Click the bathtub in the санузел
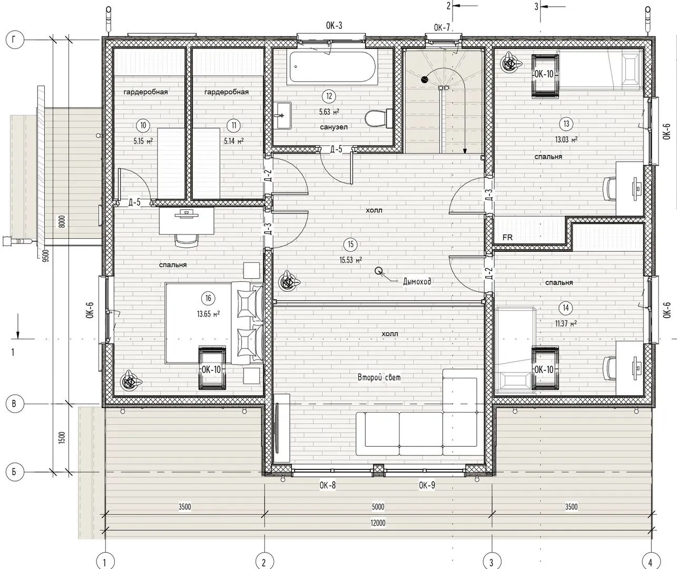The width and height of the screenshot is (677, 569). pyautogui.click(x=332, y=68)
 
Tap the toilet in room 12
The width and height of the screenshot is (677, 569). pyautogui.click(x=379, y=118)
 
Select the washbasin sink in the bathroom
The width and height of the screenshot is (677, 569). pyautogui.click(x=282, y=115)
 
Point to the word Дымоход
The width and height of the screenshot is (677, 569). pyautogui.click(x=417, y=281)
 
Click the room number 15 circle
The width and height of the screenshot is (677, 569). pyautogui.click(x=350, y=244)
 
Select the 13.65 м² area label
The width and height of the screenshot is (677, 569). pyautogui.click(x=209, y=314)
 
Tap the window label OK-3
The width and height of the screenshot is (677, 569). pyautogui.click(x=334, y=26)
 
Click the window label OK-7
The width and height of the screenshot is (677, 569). pyautogui.click(x=442, y=28)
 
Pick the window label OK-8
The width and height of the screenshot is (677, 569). pyautogui.click(x=328, y=485)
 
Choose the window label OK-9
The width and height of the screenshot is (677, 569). pyautogui.click(x=427, y=485)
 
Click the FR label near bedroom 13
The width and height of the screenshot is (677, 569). pyautogui.click(x=507, y=238)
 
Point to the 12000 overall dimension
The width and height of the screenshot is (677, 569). pyautogui.click(x=378, y=523)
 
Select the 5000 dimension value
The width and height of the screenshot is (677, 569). pyautogui.click(x=378, y=506)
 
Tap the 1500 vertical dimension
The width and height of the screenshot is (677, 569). pyautogui.click(x=63, y=437)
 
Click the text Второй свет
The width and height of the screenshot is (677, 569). pyautogui.click(x=379, y=377)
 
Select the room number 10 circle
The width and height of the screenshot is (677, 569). pyautogui.click(x=143, y=125)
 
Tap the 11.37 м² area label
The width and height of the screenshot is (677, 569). pyautogui.click(x=566, y=323)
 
